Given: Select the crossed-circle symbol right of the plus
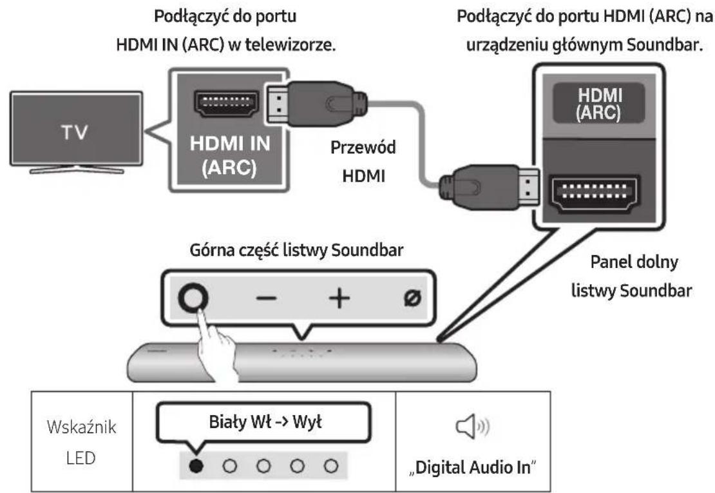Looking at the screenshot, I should [410, 298].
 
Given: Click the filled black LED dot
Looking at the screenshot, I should [194, 465].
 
